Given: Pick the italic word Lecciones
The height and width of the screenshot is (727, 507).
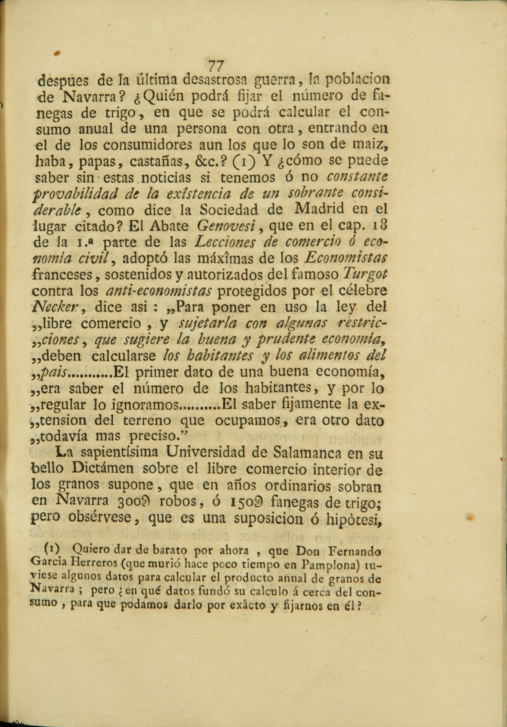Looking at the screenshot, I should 227,243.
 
